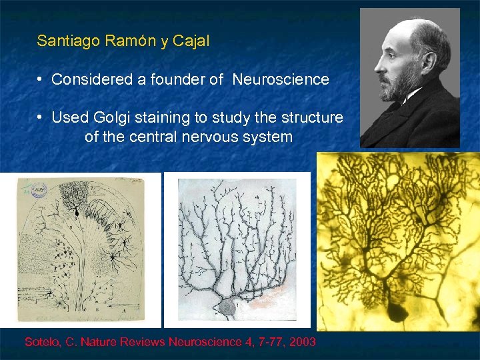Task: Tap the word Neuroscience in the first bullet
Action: [x=281, y=80]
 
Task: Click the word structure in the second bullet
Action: [x=312, y=119]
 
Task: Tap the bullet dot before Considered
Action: [x=41, y=79]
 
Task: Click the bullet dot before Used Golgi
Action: [x=41, y=118]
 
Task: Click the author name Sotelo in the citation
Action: [x=43, y=342]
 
